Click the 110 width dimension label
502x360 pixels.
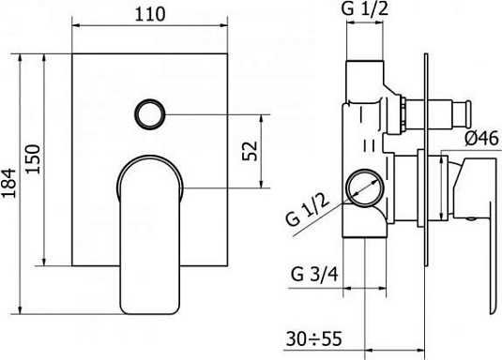(x=150, y=14)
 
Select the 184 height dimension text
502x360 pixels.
(x=8, y=183)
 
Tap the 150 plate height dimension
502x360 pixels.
(x=33, y=159)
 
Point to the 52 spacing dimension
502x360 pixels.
(x=250, y=151)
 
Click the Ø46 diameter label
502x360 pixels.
(x=482, y=138)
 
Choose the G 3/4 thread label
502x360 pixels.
(x=314, y=275)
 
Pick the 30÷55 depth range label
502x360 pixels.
(x=314, y=338)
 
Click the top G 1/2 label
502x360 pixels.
(x=365, y=8)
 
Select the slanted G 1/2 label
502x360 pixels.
(x=308, y=210)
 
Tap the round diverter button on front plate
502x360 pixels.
(x=149, y=114)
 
